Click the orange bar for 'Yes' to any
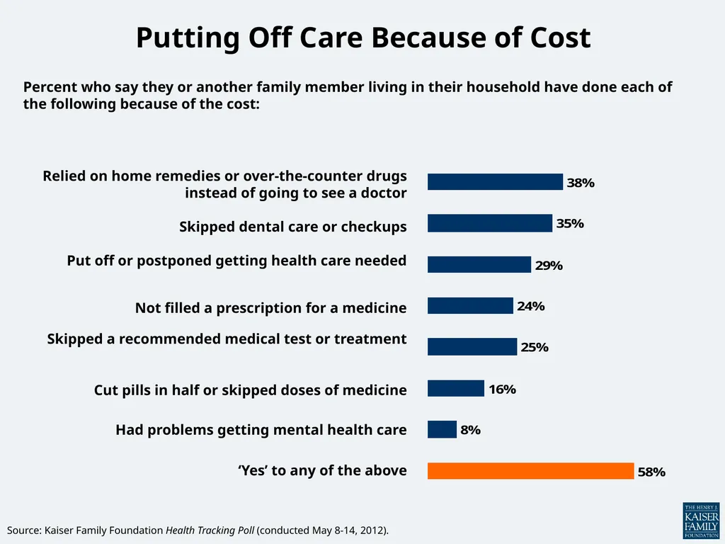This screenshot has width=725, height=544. (530, 471)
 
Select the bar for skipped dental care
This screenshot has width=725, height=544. (490, 223)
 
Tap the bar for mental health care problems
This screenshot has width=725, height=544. (442, 429)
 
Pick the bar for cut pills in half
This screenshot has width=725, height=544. (456, 389)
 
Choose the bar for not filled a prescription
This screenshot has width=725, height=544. (470, 306)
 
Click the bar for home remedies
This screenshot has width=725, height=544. (495, 182)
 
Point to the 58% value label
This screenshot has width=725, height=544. (651, 472)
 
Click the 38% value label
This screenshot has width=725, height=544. (581, 183)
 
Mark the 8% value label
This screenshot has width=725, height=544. (471, 430)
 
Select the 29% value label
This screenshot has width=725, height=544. (549, 266)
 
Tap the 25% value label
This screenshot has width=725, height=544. (535, 347)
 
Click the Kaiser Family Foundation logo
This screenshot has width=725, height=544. (701, 521)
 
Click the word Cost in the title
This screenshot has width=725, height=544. (561, 37)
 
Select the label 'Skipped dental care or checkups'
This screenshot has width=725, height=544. (293, 227)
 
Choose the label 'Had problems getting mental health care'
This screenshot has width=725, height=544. (261, 430)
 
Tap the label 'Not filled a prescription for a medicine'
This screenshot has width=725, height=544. (271, 307)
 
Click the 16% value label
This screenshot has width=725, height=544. (502, 390)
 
